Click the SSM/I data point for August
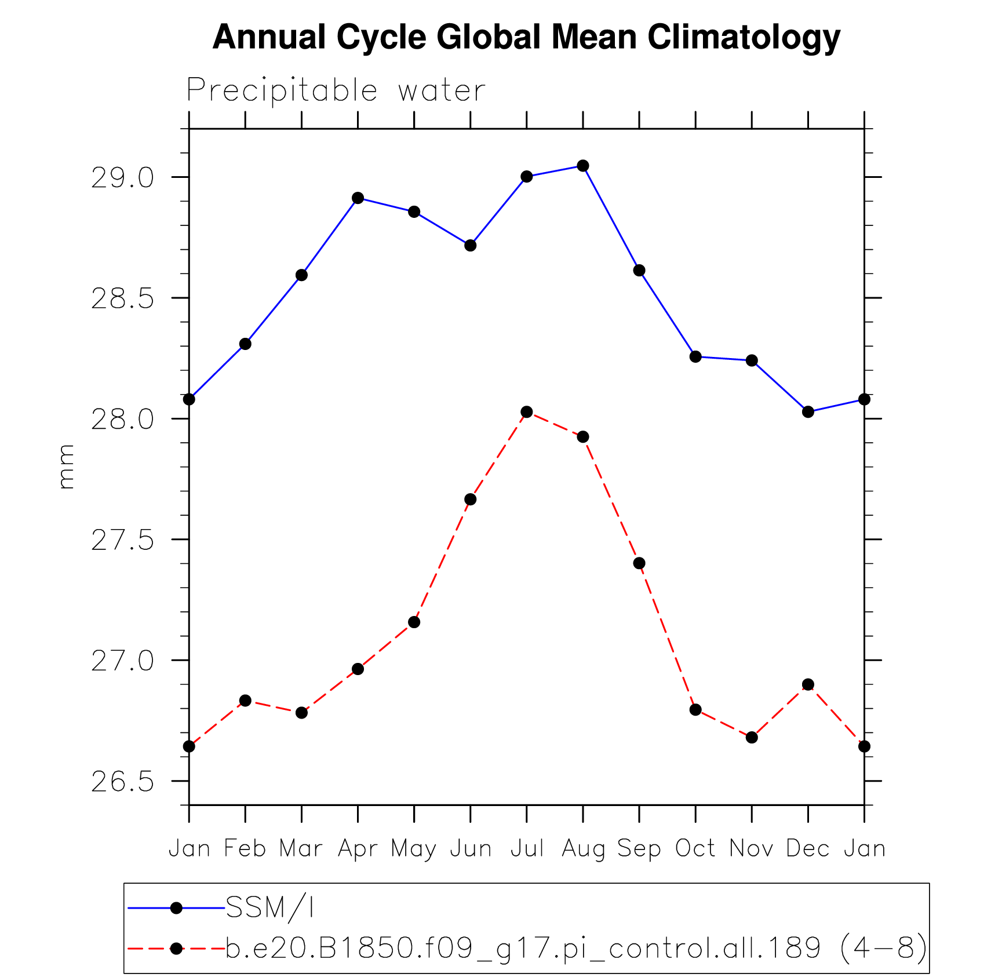click(583, 166)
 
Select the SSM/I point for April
click(358, 198)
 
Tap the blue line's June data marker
click(470, 246)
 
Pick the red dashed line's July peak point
click(526, 412)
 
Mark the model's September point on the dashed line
click(639, 563)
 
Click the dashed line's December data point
click(808, 684)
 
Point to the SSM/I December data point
click(808, 412)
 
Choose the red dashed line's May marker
click(414, 622)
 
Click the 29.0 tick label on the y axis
click(122, 178)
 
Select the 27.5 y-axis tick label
click(122, 540)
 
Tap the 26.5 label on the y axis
click(122, 782)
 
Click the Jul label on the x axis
click(527, 849)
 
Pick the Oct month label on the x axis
click(695, 849)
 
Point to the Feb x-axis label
click(245, 849)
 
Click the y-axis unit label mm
click(67, 467)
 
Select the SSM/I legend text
click(269, 908)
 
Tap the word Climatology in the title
click(744, 38)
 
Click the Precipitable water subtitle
click(336, 91)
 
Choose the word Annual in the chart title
click(269, 38)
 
